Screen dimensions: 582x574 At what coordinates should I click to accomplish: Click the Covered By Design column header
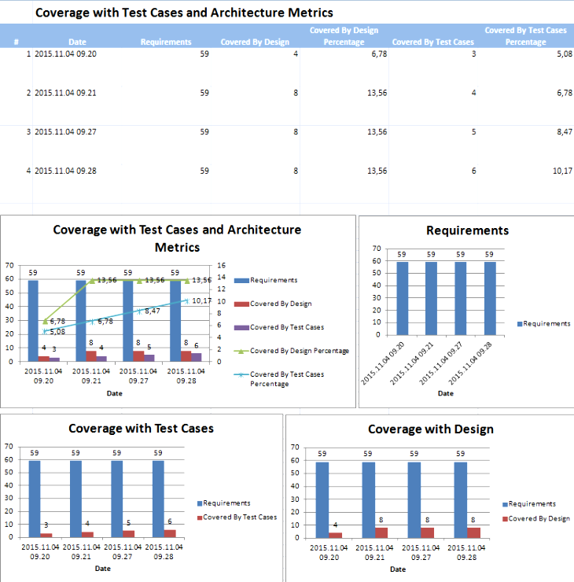[255, 42]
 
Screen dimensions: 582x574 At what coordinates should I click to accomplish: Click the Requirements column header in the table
[165, 42]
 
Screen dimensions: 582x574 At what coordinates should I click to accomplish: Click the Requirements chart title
[467, 230]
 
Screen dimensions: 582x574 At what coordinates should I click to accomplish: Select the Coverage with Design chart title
[430, 429]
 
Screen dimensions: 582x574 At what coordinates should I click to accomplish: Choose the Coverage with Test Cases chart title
[141, 429]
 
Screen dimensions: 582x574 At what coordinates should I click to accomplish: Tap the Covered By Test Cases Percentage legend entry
[286, 379]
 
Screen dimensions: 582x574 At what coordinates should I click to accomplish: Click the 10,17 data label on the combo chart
[201, 300]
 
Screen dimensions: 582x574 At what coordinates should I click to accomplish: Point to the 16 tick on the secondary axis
[221, 266]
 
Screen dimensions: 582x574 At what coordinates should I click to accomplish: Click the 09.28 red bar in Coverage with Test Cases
[170, 532]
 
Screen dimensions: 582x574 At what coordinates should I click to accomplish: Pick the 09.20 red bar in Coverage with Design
[335, 535]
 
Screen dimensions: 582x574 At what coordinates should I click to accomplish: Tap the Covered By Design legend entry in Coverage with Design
[539, 518]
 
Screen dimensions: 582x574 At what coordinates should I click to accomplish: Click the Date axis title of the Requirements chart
[445, 393]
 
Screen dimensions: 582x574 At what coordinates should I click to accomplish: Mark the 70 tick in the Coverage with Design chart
[295, 447]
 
